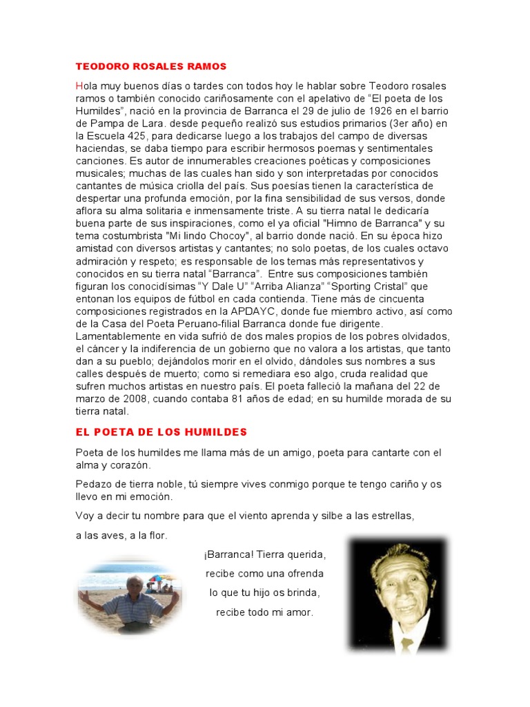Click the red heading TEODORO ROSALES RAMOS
point(151,66)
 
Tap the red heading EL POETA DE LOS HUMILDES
point(161,432)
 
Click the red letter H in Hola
point(79,86)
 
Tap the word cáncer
point(104,348)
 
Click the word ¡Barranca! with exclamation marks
point(230,555)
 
